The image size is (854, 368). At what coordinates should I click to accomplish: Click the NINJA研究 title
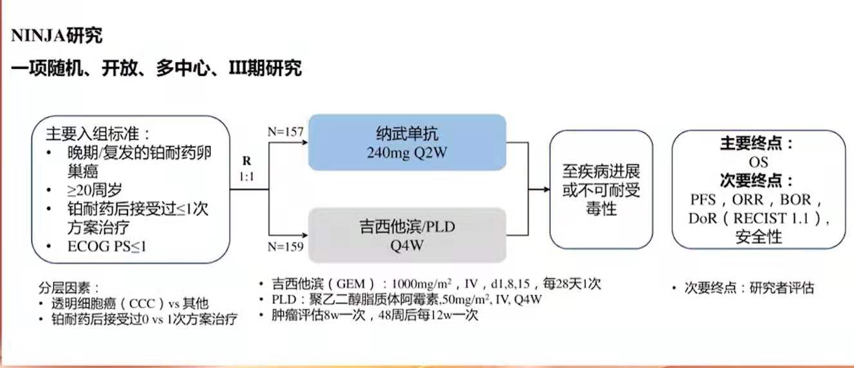(x=57, y=36)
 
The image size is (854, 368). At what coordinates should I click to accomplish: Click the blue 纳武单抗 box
(x=407, y=143)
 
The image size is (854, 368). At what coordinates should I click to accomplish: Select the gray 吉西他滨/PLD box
(x=407, y=235)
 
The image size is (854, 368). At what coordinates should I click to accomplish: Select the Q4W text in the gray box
(x=407, y=245)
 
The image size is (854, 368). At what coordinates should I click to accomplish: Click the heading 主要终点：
(x=757, y=143)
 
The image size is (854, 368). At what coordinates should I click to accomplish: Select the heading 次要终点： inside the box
(x=757, y=181)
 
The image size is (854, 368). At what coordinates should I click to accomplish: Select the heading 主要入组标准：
(x=97, y=135)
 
